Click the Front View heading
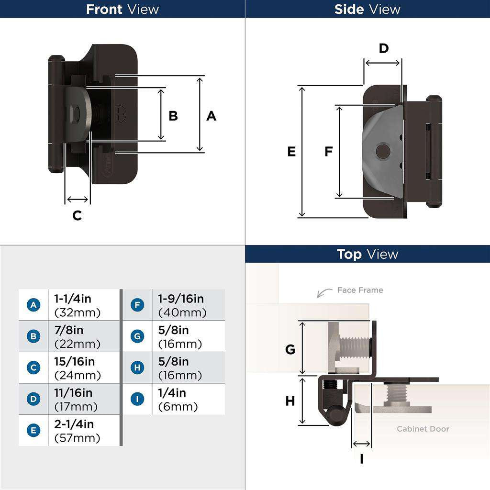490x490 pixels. (122, 9)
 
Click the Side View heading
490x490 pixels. (367, 9)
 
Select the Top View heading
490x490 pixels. (367, 254)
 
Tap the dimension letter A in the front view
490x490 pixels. (211, 116)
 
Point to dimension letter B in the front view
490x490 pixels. (173, 116)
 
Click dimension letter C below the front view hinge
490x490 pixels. (77, 216)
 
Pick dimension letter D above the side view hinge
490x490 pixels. (384, 48)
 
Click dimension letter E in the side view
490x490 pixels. (291, 152)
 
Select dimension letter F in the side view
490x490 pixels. (328, 152)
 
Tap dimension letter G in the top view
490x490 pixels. (290, 349)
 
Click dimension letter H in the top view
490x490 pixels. (290, 401)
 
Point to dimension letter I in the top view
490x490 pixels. (361, 459)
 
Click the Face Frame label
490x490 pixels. (360, 290)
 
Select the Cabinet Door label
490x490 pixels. (423, 429)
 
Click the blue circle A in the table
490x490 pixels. (33, 305)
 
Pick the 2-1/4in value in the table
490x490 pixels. (74, 424)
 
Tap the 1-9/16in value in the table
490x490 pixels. (181, 299)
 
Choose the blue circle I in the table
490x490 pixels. (137, 399)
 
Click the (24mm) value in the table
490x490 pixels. (78, 375)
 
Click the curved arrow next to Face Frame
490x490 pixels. (324, 292)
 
